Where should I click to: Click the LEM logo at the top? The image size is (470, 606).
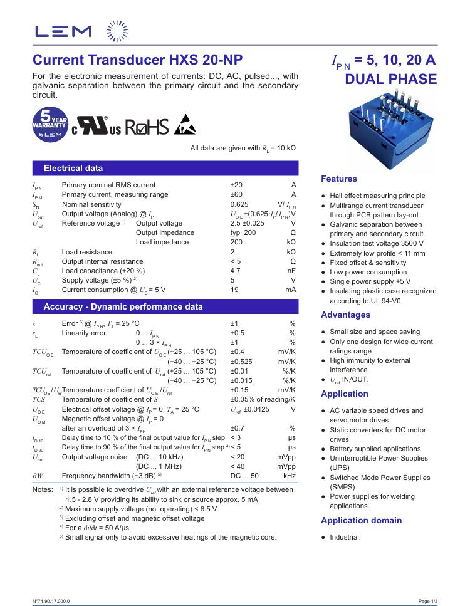pos(63,31)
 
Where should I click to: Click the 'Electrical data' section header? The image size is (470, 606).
pos(73,168)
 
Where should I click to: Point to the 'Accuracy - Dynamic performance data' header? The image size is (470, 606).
pos(123,307)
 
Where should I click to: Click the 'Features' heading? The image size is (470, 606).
pos(339,179)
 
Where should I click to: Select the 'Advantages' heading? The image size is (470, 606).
pos(345,315)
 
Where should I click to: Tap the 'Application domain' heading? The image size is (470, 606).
pos(361,521)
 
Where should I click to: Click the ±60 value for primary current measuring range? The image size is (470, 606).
pos(236,195)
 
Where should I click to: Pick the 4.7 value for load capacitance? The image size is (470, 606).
pos(236,271)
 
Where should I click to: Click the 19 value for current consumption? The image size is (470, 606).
pos(234,290)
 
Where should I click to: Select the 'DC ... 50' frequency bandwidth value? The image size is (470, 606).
pos(244,476)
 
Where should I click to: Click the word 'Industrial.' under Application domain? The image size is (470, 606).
pos(345,538)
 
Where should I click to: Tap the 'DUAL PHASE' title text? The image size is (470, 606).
pos(390,80)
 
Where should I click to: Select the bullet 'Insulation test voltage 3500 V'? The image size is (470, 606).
pos(377,244)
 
